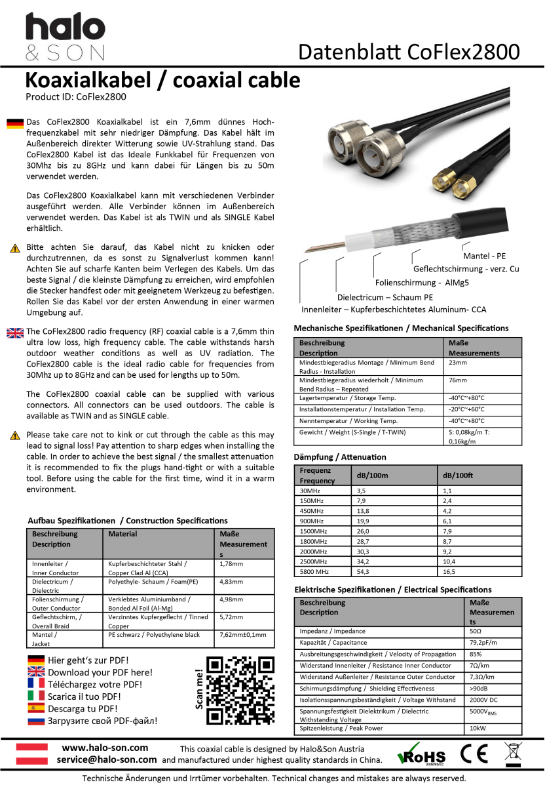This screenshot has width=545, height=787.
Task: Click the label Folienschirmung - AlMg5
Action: click(423, 283)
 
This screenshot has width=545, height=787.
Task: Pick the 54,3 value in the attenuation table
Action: click(362, 572)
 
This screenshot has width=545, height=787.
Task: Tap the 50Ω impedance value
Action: click(476, 631)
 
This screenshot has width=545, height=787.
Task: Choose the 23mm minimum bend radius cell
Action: click(458, 363)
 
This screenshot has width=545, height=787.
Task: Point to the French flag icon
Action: click(36, 684)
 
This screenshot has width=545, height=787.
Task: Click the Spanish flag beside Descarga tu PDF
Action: click(36, 708)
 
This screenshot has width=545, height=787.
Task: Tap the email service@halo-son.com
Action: click(106, 759)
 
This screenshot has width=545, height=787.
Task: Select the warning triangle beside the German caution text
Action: click(14, 248)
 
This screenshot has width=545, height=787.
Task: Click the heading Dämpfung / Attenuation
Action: click(340, 456)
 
